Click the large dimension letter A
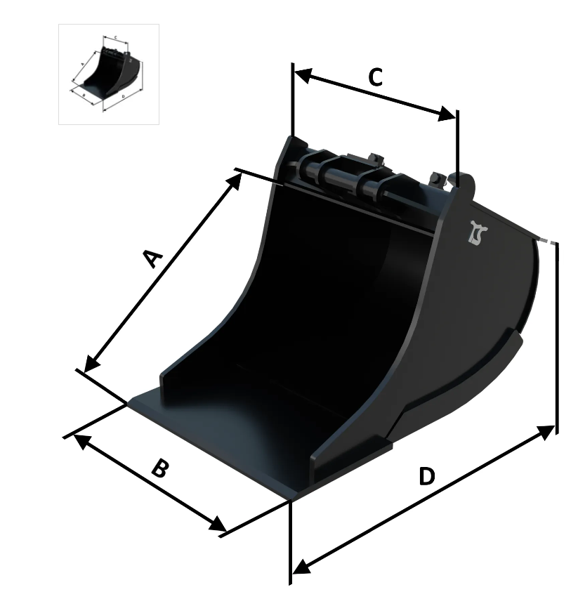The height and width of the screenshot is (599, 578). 154,258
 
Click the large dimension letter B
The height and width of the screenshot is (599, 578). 159,468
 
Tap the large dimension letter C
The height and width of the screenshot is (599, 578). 376,77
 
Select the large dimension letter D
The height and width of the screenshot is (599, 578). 427,476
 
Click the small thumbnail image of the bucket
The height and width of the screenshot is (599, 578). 108,74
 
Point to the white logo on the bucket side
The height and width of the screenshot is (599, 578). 478,232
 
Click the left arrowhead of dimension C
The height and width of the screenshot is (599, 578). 303,75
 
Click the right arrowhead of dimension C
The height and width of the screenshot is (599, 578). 446,114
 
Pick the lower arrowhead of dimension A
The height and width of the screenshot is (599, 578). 92,363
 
